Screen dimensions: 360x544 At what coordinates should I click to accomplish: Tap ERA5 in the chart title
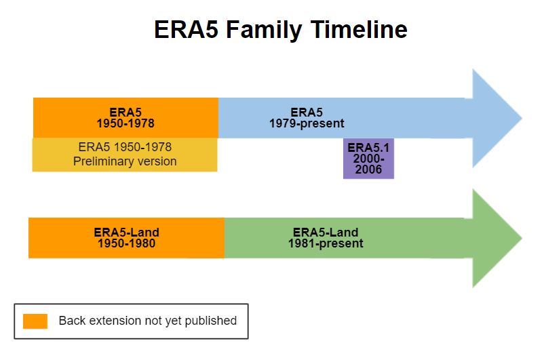pyautogui.click(x=186, y=30)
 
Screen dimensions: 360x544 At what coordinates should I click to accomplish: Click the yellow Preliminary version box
pyautogui.click(x=125, y=155)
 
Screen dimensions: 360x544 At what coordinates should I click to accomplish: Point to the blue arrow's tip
pyautogui.click(x=520, y=119)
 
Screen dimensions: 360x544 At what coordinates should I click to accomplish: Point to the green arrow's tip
pyautogui.click(x=520, y=238)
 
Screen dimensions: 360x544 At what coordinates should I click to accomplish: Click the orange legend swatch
pyautogui.click(x=35, y=321)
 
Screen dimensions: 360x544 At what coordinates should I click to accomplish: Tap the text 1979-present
pyautogui.click(x=307, y=123)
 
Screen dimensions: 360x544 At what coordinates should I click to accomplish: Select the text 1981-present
pyautogui.click(x=326, y=243)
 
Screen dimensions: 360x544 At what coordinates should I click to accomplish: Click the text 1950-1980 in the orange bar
pyautogui.click(x=127, y=243)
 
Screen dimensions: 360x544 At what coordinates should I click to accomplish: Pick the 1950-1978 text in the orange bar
pyautogui.click(x=125, y=123)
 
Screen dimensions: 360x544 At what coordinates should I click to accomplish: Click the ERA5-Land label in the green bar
pyautogui.click(x=325, y=233)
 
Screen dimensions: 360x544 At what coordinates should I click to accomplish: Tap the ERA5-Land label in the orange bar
pyautogui.click(x=127, y=233)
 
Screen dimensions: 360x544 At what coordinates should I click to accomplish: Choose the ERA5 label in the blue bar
pyautogui.click(x=307, y=113)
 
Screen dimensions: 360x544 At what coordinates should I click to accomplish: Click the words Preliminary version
pyautogui.click(x=125, y=161)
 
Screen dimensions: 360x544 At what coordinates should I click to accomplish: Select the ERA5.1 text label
pyautogui.click(x=368, y=148)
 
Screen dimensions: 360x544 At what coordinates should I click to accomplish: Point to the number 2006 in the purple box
pyautogui.click(x=368, y=170)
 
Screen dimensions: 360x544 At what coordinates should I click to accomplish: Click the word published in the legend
pyautogui.click(x=212, y=321)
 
